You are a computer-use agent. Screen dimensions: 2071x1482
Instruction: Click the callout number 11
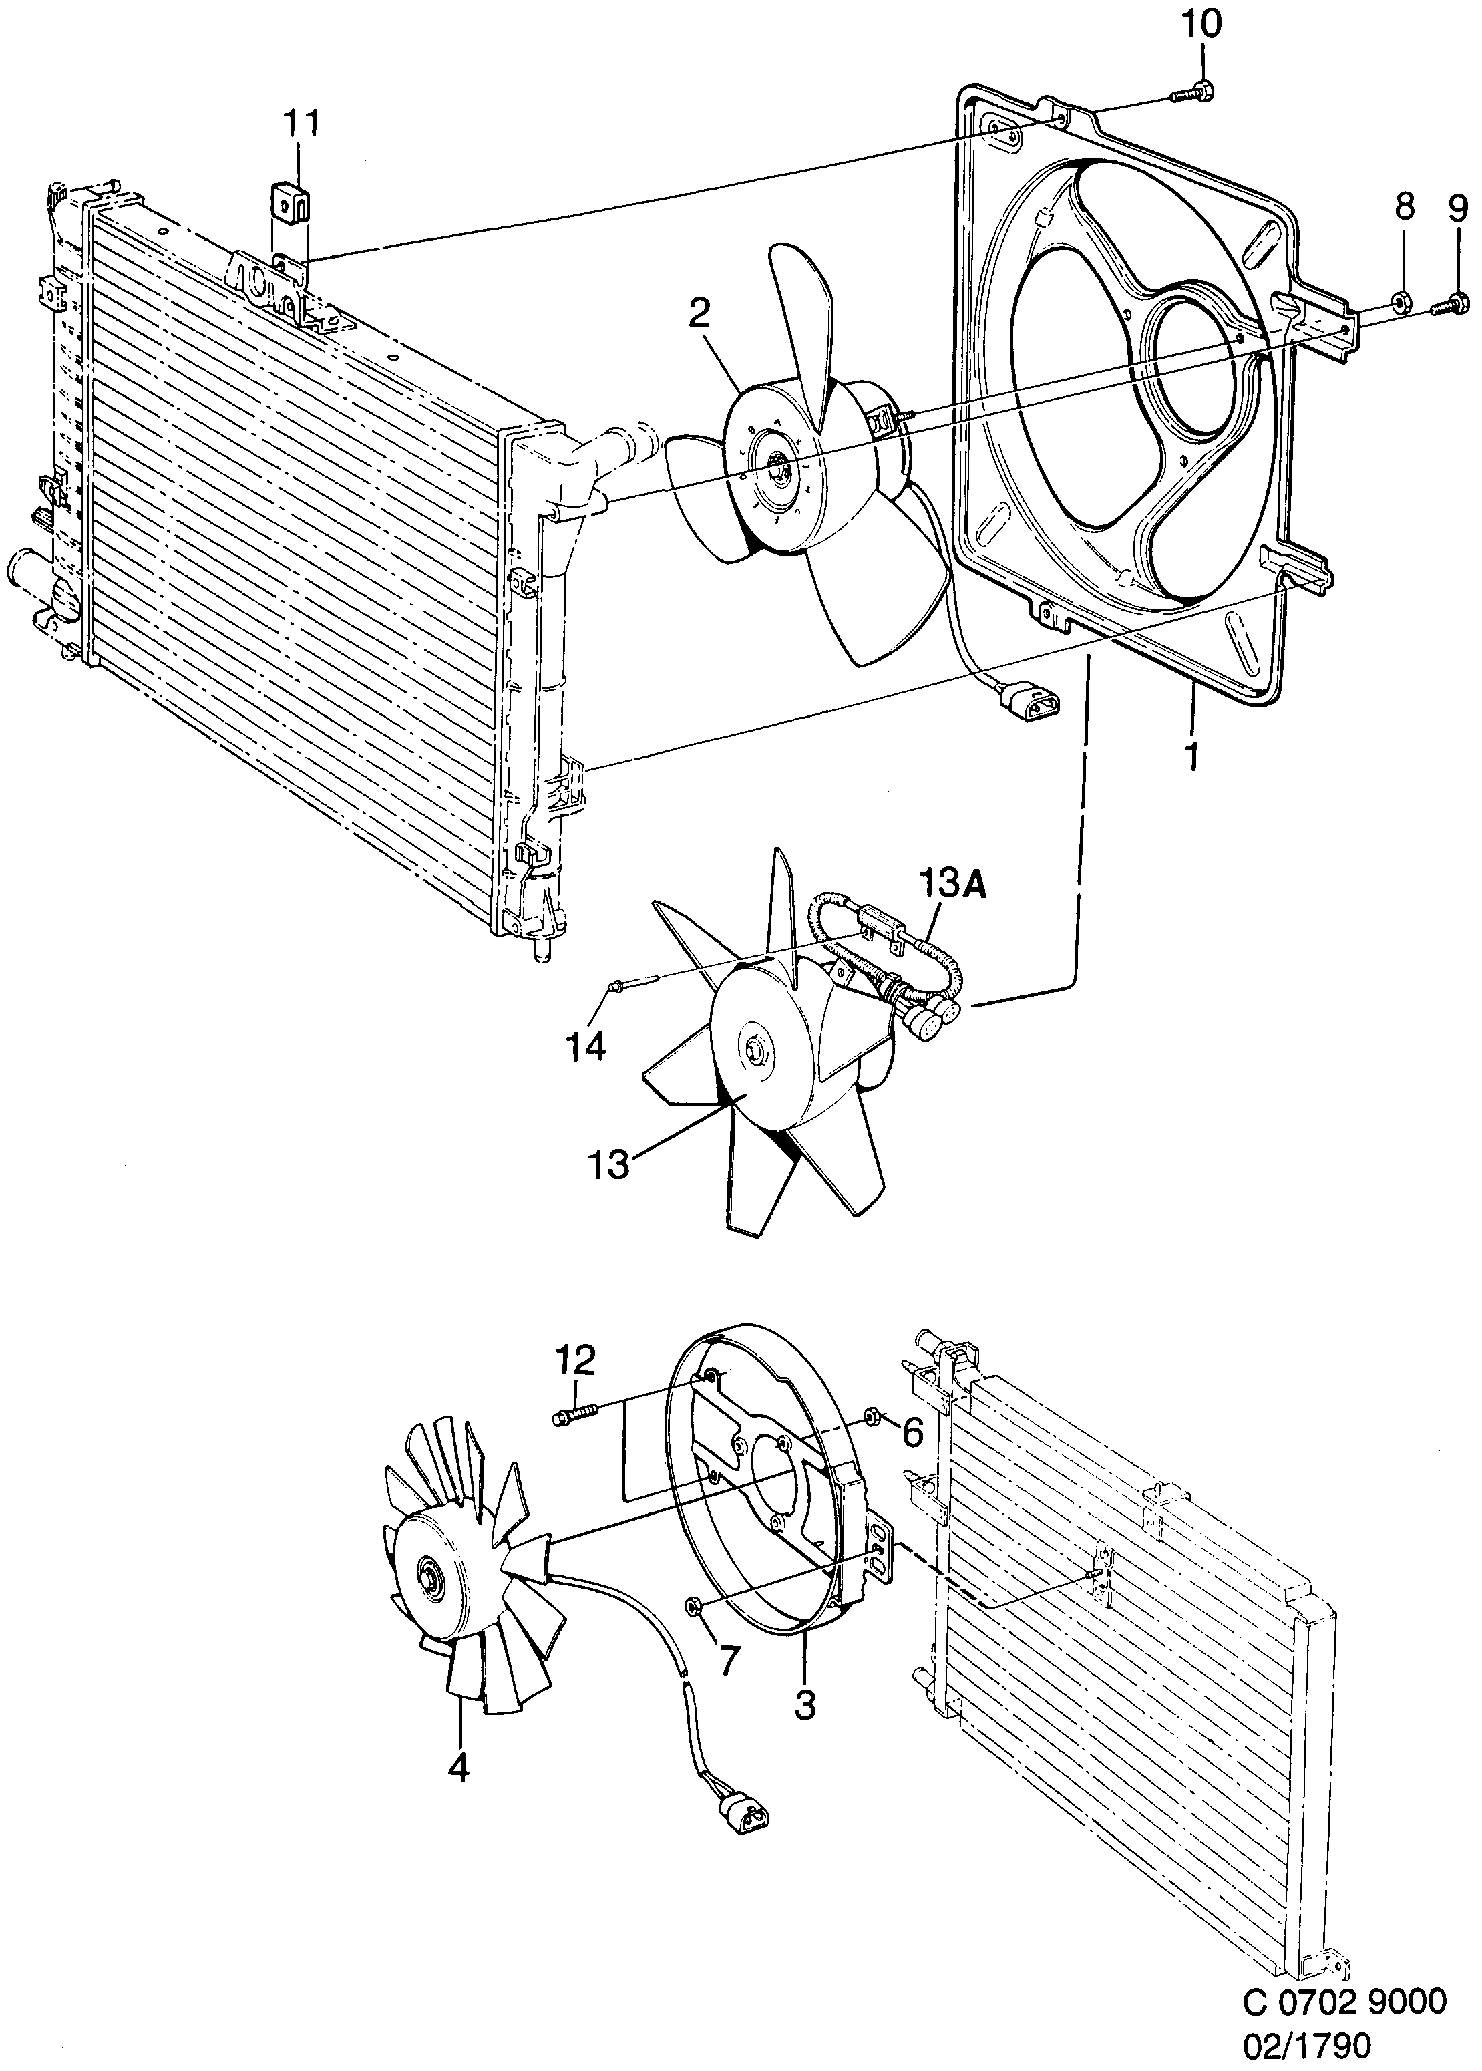[x=301, y=122]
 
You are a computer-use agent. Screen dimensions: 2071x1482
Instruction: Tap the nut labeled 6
[x=871, y=1416]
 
